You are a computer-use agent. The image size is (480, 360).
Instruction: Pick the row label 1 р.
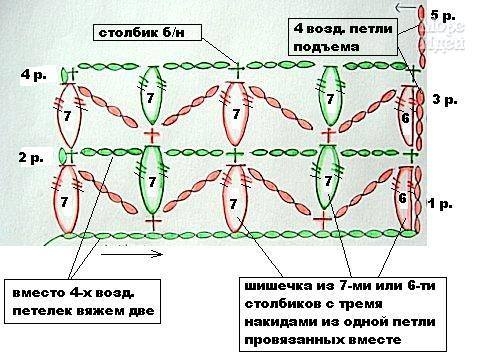(x=441, y=204)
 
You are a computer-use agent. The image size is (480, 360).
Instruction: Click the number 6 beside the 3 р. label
(x=403, y=118)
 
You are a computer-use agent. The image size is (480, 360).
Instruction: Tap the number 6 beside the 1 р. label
(x=402, y=198)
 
